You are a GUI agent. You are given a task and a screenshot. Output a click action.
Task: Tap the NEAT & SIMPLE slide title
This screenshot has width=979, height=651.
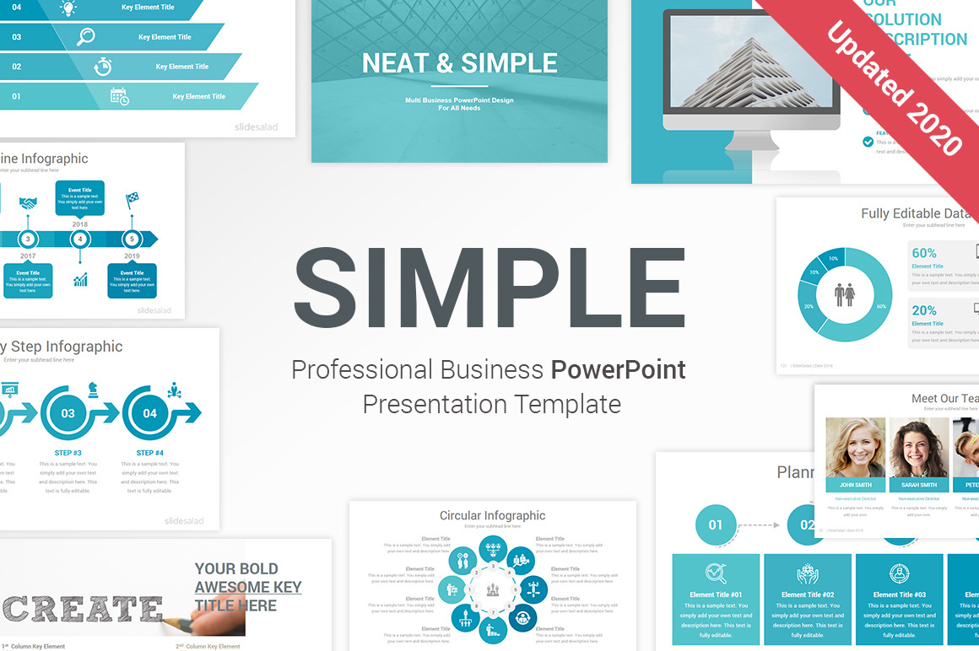pyautogui.click(x=459, y=63)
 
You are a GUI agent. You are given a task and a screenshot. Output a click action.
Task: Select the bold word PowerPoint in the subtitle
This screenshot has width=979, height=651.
pyautogui.click(x=618, y=369)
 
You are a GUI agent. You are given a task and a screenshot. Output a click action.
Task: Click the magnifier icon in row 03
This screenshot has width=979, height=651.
pyautogui.click(x=85, y=37)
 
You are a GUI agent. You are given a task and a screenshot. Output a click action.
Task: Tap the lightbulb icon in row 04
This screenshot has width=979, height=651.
pyautogui.click(x=68, y=8)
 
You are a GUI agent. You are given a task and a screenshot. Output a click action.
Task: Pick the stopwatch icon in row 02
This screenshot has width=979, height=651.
pyautogui.click(x=102, y=67)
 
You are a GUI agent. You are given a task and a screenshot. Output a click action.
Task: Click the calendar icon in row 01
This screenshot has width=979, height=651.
pyautogui.click(x=120, y=96)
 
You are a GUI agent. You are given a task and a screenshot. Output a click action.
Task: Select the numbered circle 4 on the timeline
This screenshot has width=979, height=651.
pyautogui.click(x=80, y=239)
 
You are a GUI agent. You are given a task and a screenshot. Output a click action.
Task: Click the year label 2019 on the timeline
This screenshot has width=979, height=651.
pyautogui.click(x=132, y=256)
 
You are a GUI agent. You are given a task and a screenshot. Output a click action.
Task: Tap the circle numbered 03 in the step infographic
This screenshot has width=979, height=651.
pyautogui.click(x=68, y=413)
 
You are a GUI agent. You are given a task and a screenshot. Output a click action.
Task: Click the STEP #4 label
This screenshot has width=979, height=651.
pyautogui.click(x=149, y=453)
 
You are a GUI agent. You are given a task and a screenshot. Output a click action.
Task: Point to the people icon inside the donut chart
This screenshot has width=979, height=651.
pyautogui.click(x=844, y=295)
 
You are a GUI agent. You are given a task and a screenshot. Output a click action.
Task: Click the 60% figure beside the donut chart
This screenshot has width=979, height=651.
pyautogui.click(x=924, y=253)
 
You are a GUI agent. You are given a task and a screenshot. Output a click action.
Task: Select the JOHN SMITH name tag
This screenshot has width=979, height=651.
pyautogui.click(x=855, y=485)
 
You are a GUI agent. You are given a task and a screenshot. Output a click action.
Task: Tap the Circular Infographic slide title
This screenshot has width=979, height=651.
pyautogui.click(x=492, y=515)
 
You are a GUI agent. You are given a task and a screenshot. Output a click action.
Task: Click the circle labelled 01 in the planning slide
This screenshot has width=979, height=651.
pyautogui.click(x=715, y=525)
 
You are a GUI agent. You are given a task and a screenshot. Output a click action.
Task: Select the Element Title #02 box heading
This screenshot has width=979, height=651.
pyautogui.click(x=808, y=595)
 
